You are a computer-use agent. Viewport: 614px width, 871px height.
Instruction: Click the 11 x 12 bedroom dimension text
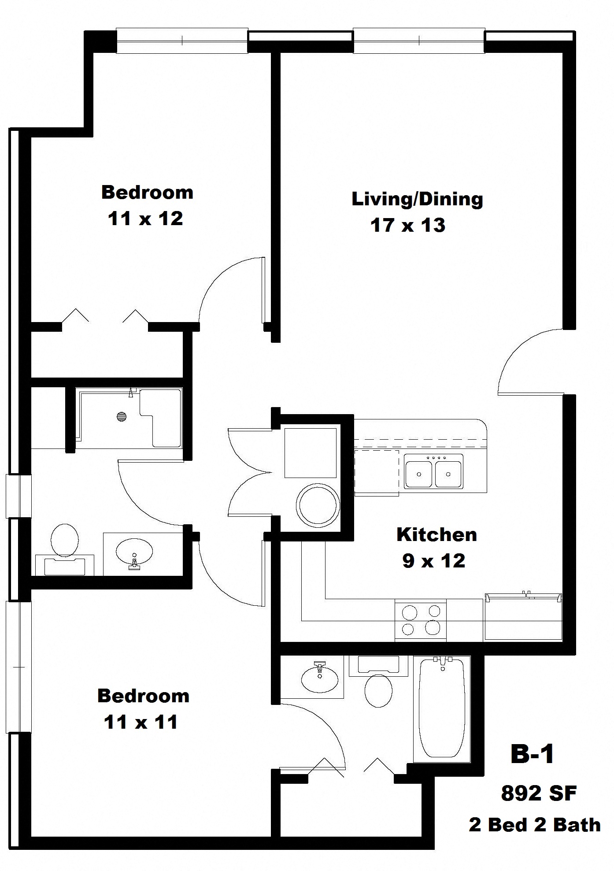click(x=145, y=219)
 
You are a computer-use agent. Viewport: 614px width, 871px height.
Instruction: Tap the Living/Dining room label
click(x=417, y=199)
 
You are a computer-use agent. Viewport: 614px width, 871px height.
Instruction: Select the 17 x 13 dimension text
click(x=407, y=226)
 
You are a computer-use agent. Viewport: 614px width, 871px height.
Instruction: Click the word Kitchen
click(x=436, y=534)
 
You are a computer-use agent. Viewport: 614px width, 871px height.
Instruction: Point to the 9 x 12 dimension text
click(x=433, y=561)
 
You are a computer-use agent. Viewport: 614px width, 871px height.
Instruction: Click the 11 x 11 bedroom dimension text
click(x=141, y=722)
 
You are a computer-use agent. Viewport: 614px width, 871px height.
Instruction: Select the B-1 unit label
click(x=532, y=754)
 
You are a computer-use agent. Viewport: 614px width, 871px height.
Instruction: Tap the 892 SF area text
click(x=538, y=793)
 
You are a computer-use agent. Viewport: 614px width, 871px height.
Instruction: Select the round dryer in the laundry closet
click(x=318, y=505)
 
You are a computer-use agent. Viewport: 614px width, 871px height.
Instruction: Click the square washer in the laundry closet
click(x=311, y=452)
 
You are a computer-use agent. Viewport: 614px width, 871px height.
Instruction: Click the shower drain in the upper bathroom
click(x=122, y=416)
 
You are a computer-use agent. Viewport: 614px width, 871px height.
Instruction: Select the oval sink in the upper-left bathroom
click(x=134, y=551)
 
